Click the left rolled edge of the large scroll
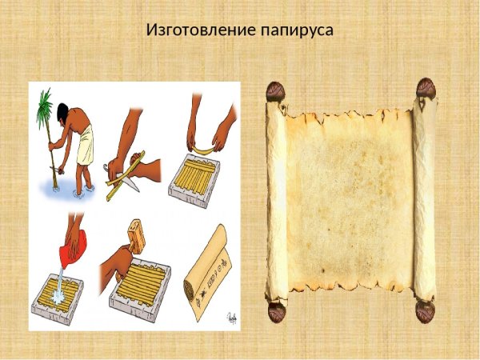pos(277,200)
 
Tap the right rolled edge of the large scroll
pos(425,200)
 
